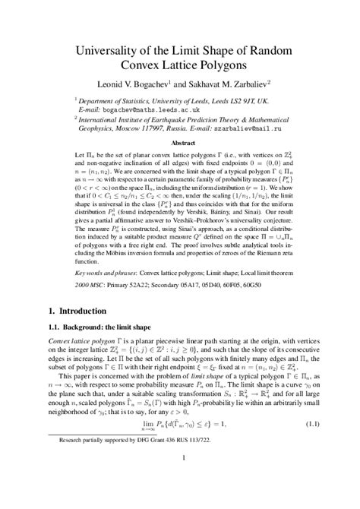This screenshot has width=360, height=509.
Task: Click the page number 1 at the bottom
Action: (183, 479)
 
